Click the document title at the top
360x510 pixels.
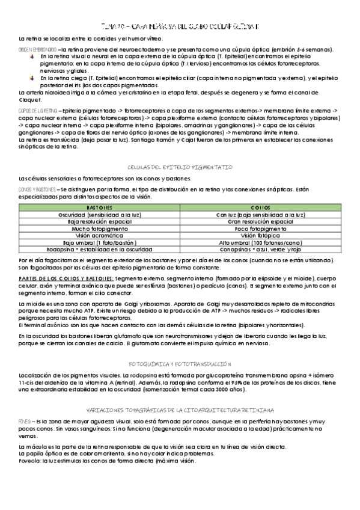(180, 27)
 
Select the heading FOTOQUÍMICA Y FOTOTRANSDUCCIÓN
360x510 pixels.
(180, 364)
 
